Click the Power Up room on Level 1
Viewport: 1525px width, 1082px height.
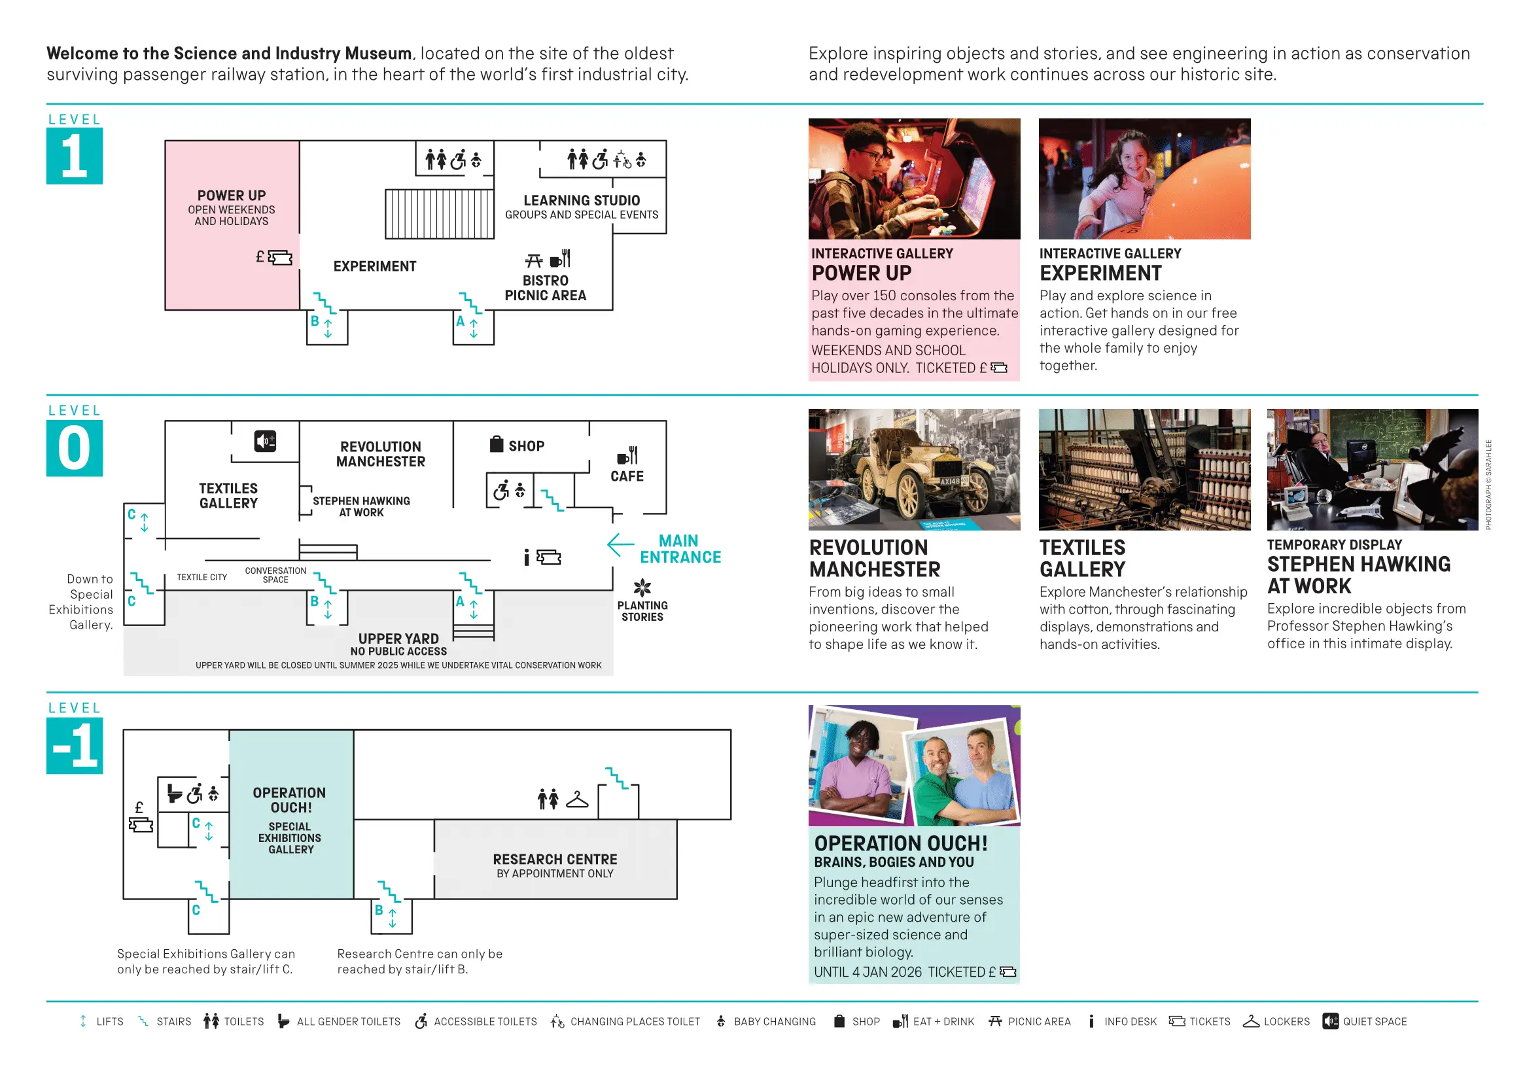coord(231,224)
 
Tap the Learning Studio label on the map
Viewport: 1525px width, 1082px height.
coord(581,201)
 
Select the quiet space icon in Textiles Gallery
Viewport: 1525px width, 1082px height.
coord(265,441)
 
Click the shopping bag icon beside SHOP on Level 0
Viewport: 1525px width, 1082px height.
coord(497,444)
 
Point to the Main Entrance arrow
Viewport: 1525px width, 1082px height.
coord(620,545)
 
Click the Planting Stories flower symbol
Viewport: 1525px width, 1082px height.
coord(642,587)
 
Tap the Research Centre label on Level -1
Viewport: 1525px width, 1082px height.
coord(555,860)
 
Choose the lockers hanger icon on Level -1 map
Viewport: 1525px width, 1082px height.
coord(577,799)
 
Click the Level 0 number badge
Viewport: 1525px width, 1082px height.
coord(75,448)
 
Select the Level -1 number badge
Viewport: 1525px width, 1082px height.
coord(75,746)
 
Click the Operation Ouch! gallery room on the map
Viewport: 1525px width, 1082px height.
coord(291,815)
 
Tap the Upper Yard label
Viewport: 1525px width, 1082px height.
coord(398,639)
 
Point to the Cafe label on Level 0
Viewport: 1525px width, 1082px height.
coord(627,476)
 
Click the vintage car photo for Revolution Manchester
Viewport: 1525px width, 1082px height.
coord(914,469)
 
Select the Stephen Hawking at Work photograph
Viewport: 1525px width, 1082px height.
coord(1373,469)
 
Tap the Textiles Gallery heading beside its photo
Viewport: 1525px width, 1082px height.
coord(1083,558)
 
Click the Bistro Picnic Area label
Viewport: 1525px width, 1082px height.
coord(546,288)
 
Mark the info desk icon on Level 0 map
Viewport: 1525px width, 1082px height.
coord(526,557)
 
